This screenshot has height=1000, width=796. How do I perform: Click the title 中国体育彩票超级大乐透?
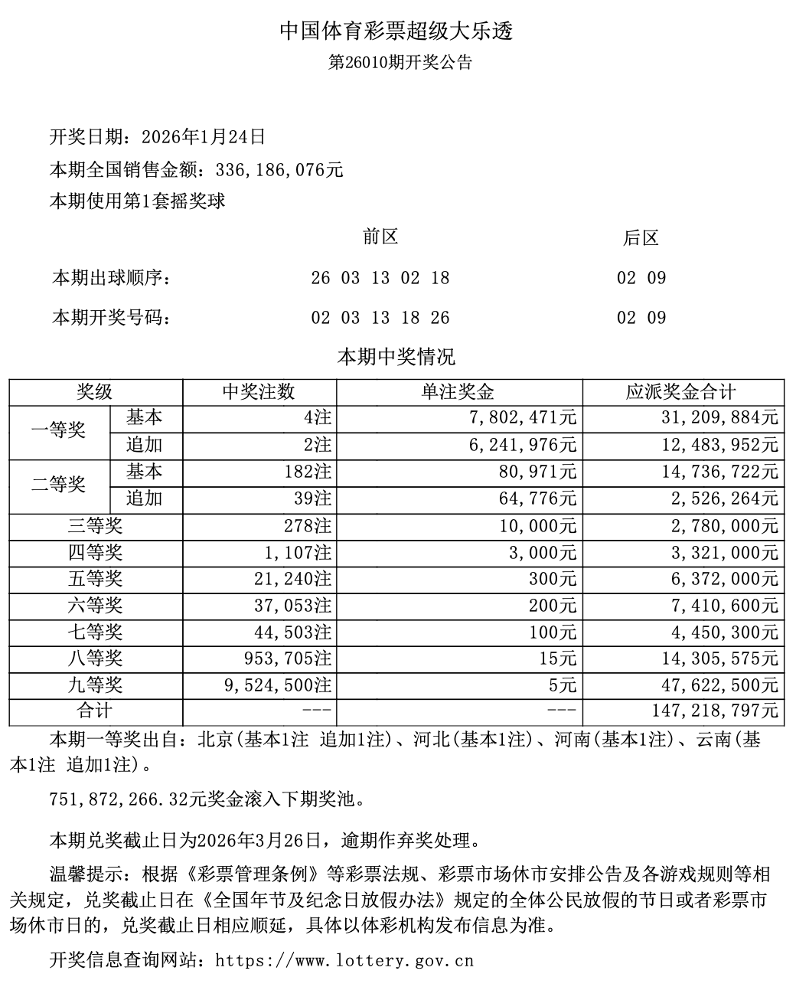tap(396, 31)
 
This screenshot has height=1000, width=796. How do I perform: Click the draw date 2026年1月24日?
tap(204, 137)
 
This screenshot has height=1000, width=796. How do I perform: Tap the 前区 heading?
tap(380, 237)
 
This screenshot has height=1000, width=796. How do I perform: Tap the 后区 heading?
tap(641, 238)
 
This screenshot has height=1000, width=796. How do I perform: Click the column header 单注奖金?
tap(458, 392)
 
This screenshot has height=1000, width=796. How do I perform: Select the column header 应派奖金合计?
tap(681, 392)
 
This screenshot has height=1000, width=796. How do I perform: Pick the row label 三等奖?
tap(95, 526)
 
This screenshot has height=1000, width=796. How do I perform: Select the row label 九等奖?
tap(95, 685)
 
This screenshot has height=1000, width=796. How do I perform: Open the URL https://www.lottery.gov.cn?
tap(345, 960)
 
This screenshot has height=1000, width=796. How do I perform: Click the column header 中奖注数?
tap(259, 392)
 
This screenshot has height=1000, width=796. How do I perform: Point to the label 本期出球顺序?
tap(111, 278)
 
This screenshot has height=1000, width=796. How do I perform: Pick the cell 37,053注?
tap(295, 606)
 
